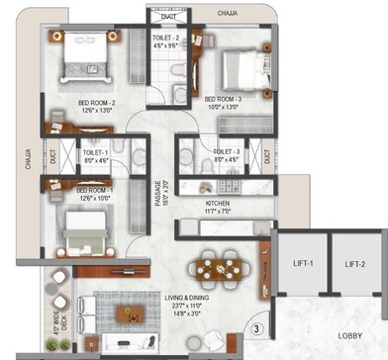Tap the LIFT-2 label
pyautogui.click(x=354, y=264)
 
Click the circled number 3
pyautogui.click(x=255, y=328)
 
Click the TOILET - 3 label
pyautogui.click(x=199, y=152)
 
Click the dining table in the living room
pyautogui.click(x=212, y=265)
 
